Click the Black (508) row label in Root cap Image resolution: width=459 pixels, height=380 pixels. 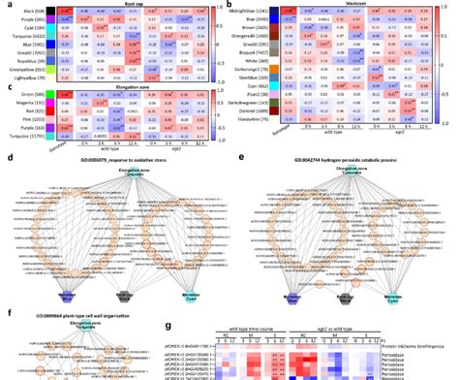29,10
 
